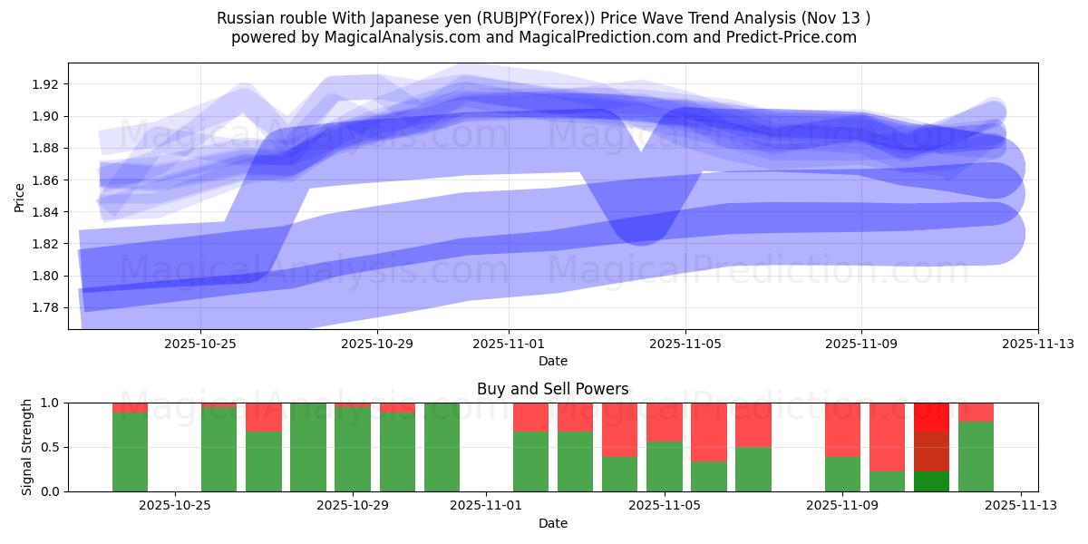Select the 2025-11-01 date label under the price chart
click(509, 345)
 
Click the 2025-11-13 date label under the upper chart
click(1038, 345)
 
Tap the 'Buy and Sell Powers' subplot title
click(552, 389)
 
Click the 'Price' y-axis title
click(20, 196)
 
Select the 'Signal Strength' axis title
click(27, 447)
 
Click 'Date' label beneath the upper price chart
click(552, 361)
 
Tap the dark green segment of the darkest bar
click(931, 481)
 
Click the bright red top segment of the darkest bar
click(931, 416)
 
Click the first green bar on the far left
click(130, 452)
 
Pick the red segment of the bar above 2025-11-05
click(664, 422)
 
